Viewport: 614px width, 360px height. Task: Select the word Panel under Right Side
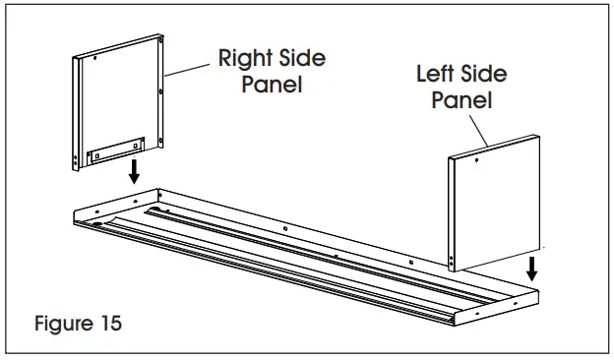point(271,85)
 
